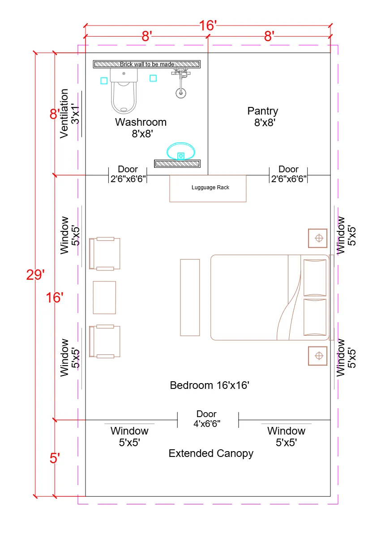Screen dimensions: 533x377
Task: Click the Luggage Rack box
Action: (208, 188)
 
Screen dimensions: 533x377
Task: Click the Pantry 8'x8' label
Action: (263, 116)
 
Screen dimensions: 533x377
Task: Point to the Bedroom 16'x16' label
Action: (209, 385)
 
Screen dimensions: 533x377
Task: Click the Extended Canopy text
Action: (211, 453)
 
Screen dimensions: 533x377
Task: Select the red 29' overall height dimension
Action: (35, 275)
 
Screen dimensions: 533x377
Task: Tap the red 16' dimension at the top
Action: (208, 26)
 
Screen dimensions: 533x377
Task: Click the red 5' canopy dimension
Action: (55, 459)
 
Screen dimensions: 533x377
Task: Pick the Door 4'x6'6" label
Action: (206, 418)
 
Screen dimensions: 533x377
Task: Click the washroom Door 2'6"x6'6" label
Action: (128, 174)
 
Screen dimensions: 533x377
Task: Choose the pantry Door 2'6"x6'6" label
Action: (288, 174)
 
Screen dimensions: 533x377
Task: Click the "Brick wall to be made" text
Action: (147, 64)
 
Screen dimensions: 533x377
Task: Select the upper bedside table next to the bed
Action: (317, 238)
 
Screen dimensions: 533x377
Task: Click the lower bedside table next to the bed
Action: (317, 356)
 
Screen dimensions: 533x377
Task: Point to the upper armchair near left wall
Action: (105, 254)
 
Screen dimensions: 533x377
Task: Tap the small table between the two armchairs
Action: (104, 298)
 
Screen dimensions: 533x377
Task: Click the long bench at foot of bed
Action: (190, 297)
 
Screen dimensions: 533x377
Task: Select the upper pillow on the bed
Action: (315, 277)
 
